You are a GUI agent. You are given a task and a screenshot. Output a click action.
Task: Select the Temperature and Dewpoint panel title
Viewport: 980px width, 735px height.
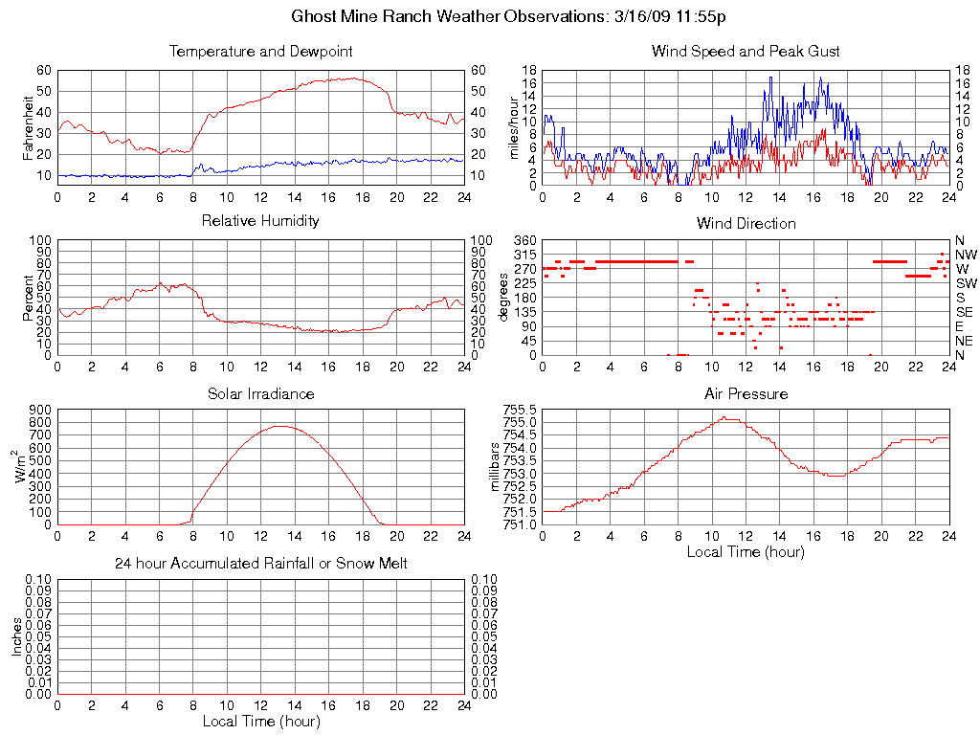pyautogui.click(x=261, y=52)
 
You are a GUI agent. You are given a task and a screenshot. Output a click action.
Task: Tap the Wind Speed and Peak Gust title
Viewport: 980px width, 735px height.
pyautogui.click(x=746, y=52)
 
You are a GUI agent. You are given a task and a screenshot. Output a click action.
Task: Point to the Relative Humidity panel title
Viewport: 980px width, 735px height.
pyautogui.click(x=261, y=221)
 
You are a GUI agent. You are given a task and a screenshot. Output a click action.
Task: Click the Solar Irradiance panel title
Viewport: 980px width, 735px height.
pyautogui.click(x=261, y=394)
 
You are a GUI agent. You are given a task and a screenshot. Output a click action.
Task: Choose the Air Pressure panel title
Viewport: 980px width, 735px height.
pyautogui.click(x=746, y=394)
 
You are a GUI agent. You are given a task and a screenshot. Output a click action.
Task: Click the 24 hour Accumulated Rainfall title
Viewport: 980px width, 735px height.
pyautogui.click(x=261, y=564)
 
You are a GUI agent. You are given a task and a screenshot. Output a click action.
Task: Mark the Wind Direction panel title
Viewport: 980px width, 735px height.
pyautogui.click(x=746, y=223)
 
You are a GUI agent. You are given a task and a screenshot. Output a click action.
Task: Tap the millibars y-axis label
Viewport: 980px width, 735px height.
pyautogui.click(x=496, y=467)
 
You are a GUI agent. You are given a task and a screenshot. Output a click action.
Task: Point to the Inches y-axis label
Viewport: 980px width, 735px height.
pyautogui.click(x=16, y=636)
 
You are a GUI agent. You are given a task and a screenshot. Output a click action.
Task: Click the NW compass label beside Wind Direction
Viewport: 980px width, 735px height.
pyautogui.click(x=966, y=255)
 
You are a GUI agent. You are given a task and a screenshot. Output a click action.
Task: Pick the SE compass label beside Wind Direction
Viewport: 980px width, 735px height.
pyautogui.click(x=965, y=312)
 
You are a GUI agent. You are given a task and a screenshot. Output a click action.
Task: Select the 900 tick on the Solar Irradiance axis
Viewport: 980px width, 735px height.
pyautogui.click(x=39, y=410)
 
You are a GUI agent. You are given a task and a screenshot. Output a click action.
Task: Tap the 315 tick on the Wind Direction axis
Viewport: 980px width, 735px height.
pyautogui.click(x=524, y=255)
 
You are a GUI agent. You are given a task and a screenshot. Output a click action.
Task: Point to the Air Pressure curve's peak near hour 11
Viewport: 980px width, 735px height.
pyautogui.click(x=727, y=417)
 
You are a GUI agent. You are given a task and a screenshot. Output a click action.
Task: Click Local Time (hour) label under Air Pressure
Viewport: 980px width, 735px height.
pyautogui.click(x=746, y=551)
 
